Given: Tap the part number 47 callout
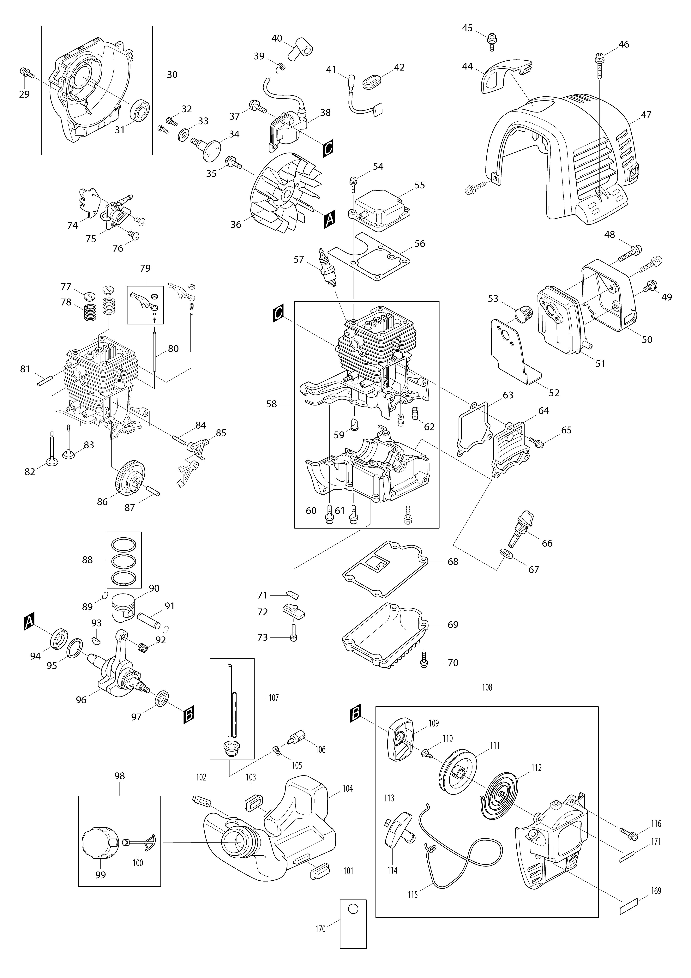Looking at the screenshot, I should point(646,115).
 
